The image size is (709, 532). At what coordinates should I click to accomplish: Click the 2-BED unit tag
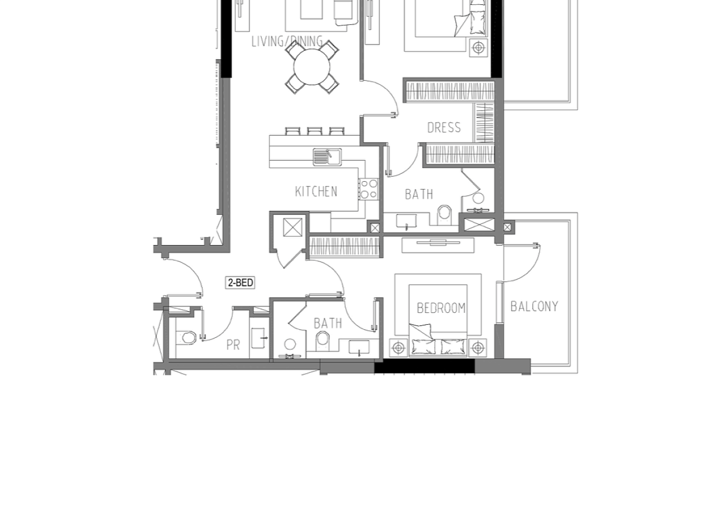pos(240,283)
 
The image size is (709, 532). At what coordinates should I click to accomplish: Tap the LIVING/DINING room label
pos(287,42)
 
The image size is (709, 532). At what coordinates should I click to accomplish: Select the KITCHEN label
pos(316,191)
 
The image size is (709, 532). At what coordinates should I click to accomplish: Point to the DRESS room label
pos(444,127)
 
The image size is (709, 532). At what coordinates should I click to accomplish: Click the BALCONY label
pos(534,306)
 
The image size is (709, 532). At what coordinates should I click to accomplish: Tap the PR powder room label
pos(233,345)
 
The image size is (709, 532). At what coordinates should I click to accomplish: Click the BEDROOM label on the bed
pos(441,308)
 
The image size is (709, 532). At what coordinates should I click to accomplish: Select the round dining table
pos(312,67)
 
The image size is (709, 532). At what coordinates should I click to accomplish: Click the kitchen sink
pos(327,157)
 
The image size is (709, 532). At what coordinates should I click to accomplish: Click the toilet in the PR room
pos(186,338)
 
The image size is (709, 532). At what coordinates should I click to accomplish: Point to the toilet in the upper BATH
pos(444,215)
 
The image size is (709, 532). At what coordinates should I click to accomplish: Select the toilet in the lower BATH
pos(322,341)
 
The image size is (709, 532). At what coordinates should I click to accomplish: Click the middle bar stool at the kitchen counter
pos(314,131)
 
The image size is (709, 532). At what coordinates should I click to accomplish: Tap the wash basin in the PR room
pos(258,338)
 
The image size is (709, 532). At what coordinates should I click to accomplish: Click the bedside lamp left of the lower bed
pos(398,348)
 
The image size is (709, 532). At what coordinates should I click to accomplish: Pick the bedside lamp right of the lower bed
pos(478,348)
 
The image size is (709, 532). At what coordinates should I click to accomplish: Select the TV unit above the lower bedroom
pos(438,245)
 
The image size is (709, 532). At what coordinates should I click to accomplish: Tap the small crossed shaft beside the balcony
pos(507,227)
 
